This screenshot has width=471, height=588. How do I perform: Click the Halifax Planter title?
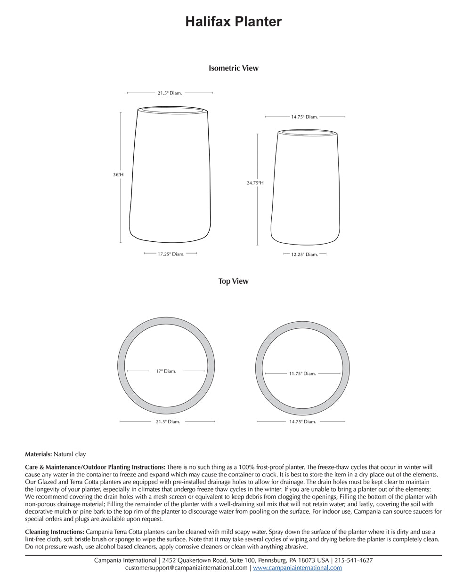point(233,22)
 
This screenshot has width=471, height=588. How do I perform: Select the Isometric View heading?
point(233,68)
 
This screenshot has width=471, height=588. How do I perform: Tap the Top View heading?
point(233,281)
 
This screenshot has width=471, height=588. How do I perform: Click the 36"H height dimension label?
point(118,175)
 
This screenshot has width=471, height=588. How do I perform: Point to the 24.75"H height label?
point(255,183)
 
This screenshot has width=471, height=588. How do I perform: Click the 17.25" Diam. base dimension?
point(171,254)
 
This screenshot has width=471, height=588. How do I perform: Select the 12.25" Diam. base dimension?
point(304,254)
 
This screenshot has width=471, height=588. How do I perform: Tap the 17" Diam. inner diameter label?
point(166,371)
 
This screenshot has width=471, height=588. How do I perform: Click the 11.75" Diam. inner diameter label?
point(302,373)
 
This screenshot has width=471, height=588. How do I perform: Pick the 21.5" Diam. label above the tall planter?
point(170,93)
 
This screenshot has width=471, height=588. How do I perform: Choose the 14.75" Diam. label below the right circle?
point(302,422)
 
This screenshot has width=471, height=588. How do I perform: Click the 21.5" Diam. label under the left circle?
point(168,422)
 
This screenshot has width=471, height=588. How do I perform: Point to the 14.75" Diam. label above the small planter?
point(304,117)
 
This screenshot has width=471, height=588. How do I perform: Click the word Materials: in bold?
point(38,454)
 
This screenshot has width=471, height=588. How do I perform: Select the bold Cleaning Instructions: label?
point(55,532)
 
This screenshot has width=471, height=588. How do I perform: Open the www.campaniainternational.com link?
point(297,568)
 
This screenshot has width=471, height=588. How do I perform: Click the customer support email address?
point(186,568)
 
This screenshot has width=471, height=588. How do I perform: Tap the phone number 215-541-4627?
point(353,560)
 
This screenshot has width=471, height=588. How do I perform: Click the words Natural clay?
point(70,454)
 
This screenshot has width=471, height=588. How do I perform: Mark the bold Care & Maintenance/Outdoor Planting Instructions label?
point(95,467)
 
